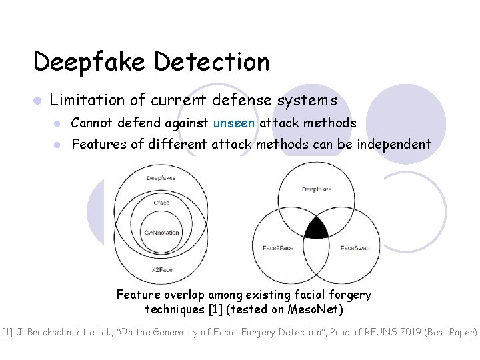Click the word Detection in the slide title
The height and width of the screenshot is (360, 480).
[212, 62]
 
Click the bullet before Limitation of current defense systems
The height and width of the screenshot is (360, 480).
[38, 101]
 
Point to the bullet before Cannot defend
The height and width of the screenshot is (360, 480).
[59, 123]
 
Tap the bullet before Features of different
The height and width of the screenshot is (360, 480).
[59, 144]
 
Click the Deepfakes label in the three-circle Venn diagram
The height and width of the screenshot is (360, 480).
[316, 189]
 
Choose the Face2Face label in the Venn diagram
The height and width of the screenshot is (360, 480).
[278, 248]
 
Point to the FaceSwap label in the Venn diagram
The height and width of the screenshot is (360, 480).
[355, 248]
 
